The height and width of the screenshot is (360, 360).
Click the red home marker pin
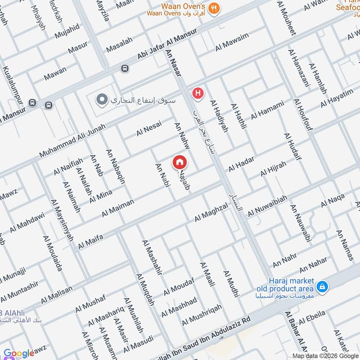click(180, 162)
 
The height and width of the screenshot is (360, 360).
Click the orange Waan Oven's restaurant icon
click(214, 7)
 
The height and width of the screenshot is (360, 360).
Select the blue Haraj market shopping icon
click(322, 286)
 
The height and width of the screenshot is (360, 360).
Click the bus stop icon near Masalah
click(124, 68)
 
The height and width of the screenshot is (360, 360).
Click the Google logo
click(19, 353)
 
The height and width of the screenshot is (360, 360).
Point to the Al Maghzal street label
click(211, 212)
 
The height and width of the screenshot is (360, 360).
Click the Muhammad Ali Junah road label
click(72, 140)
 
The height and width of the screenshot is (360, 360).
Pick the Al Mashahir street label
click(152, 257)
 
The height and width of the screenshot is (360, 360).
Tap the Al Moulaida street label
click(53, 254)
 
